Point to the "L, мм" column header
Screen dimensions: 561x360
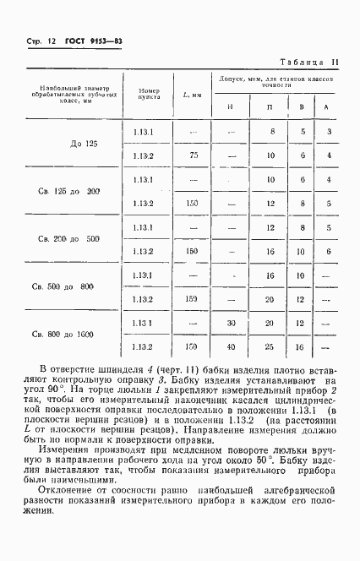pyautogui.click(x=192, y=94)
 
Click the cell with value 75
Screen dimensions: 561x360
pyautogui.click(x=194, y=155)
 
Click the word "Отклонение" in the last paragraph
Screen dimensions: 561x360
pyautogui.click(x=63, y=490)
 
